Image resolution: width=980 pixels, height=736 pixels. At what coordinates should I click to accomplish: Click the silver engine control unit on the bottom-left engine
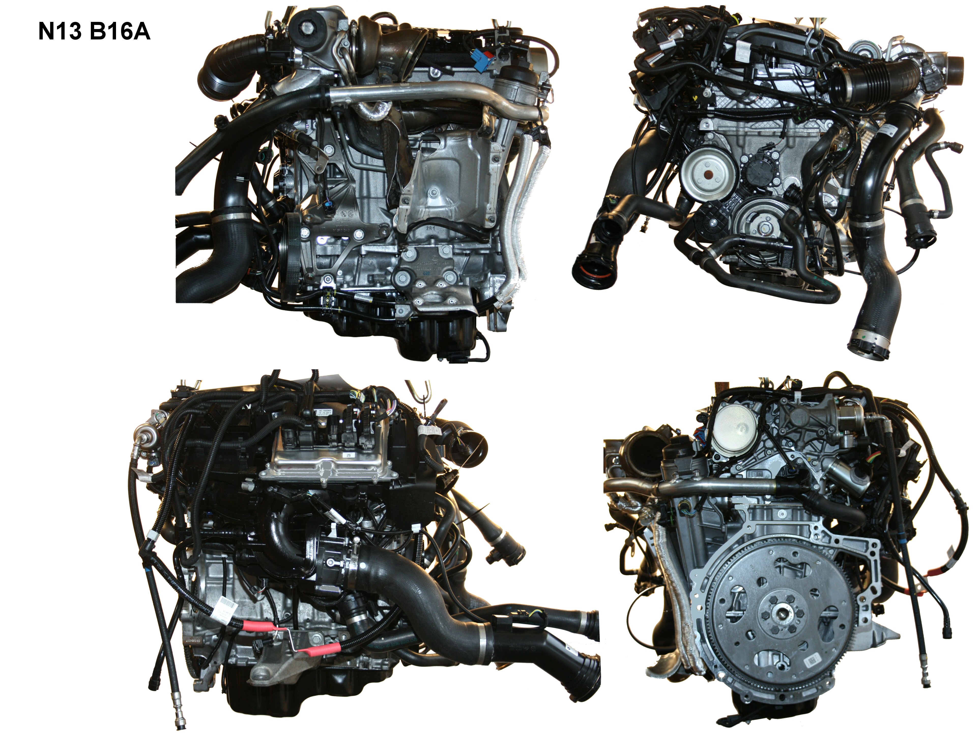point(326,461)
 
